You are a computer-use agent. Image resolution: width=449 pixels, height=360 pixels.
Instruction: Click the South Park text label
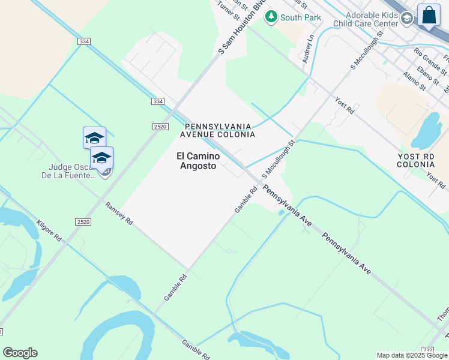(300, 17)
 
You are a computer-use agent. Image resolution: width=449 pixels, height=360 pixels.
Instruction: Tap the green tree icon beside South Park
(271, 17)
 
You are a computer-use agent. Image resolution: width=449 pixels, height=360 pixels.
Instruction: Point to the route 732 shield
(427, 350)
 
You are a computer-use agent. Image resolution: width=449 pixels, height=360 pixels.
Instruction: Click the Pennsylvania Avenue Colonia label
(220, 130)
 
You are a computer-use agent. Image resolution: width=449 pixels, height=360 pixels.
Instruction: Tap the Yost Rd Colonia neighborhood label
(416, 160)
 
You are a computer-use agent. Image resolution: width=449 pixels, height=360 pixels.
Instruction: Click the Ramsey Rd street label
(118, 214)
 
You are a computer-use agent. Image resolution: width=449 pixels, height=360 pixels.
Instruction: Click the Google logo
(20, 353)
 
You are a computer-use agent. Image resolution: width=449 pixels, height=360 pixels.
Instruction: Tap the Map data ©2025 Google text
(412, 355)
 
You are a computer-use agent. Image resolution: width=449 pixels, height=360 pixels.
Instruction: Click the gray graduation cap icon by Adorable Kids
(407, 19)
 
